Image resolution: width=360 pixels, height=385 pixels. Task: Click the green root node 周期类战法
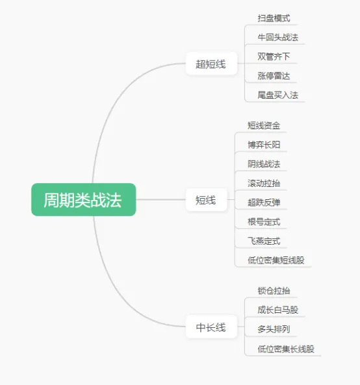(84, 199)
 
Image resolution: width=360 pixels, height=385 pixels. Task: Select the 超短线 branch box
(211, 64)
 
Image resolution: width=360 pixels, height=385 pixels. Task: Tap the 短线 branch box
(206, 200)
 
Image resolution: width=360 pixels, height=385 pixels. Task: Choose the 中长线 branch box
(211, 327)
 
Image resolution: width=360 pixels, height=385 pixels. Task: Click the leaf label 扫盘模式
(274, 18)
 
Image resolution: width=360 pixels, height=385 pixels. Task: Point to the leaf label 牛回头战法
(278, 37)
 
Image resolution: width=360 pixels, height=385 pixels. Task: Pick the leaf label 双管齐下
(274, 56)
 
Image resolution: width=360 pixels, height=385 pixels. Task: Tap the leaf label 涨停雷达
(274, 75)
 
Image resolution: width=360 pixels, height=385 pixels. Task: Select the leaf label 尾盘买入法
(278, 95)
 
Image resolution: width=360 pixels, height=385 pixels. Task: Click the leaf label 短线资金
(264, 125)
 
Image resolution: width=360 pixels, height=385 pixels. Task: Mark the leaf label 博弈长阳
(264, 145)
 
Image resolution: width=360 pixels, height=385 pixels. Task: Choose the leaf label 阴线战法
(264, 164)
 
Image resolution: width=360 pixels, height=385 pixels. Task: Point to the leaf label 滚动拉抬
(264, 183)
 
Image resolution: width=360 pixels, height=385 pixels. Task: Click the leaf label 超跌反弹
(264, 203)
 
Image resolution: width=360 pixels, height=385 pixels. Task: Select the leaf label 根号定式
(264, 222)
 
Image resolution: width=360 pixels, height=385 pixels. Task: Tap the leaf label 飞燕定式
(264, 241)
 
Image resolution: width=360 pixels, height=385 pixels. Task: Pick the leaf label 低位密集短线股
(276, 260)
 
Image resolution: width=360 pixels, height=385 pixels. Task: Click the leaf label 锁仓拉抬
(274, 291)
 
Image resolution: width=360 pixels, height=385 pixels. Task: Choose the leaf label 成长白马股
(278, 310)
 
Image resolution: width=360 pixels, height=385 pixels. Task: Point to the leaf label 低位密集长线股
(286, 349)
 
